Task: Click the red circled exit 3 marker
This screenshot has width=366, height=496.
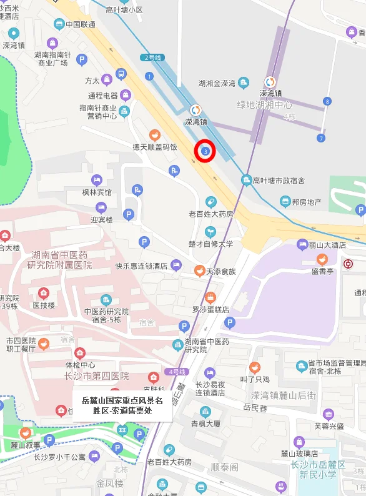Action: (205, 151)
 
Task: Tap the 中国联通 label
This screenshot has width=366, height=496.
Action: (81, 24)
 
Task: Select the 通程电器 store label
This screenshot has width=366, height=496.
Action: (103, 96)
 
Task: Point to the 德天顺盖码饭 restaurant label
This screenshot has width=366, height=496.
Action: (155, 147)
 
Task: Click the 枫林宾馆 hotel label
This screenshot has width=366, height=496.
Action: (97, 192)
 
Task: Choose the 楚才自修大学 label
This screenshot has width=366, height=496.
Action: (210, 244)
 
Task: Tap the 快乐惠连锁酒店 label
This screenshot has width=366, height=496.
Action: (141, 265)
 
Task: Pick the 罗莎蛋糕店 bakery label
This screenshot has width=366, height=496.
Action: (210, 309)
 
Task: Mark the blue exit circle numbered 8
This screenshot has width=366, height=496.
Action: (327, 101)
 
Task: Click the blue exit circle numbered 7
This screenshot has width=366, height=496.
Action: (321, 138)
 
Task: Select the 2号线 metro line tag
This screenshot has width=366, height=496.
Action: (152, 58)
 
